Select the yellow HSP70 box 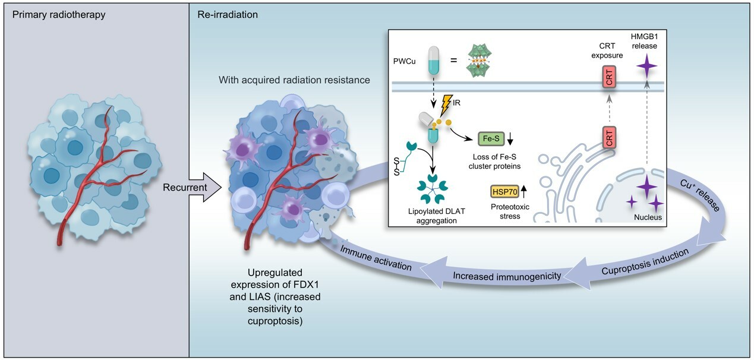coord(504,191)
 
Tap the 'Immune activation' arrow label coord(376,258)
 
